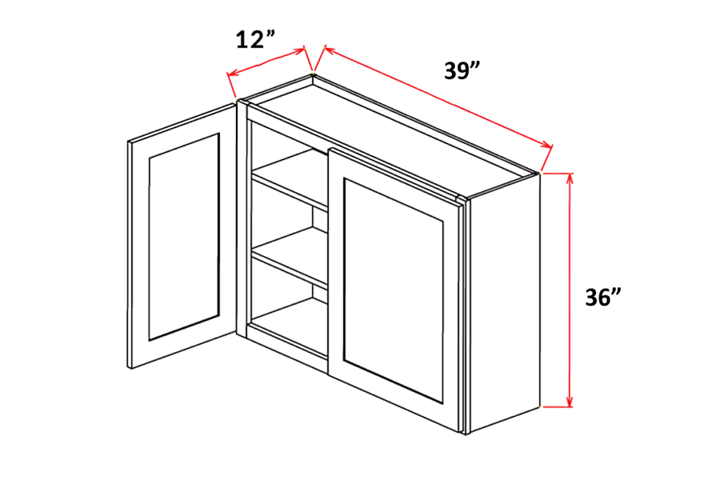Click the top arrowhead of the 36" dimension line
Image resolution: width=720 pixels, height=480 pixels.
(570, 178)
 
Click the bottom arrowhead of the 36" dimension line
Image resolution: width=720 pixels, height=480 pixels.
(570, 400)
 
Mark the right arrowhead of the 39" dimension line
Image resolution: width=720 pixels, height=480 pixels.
(548, 146)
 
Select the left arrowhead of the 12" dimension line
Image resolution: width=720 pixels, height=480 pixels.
(231, 77)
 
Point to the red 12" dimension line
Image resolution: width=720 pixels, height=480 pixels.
(268, 63)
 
